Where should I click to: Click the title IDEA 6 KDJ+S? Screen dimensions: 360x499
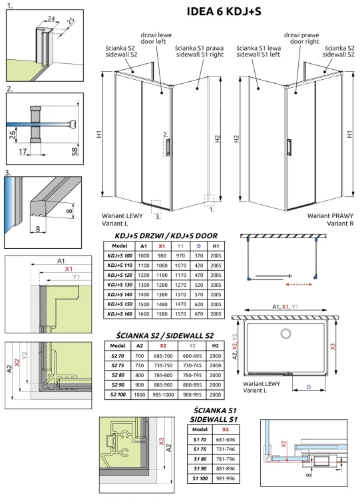coord(224,11)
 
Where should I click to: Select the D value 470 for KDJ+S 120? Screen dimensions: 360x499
coord(198,275)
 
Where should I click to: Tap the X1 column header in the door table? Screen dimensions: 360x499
coord(162,246)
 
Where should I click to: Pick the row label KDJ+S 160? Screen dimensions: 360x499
coord(120,314)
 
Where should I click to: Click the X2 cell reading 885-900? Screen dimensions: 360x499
coord(163,385)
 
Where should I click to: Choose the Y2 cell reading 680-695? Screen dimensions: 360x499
coord(192,356)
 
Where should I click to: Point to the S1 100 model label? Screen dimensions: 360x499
coord(200,478)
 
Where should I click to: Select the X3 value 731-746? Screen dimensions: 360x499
coord(226,449)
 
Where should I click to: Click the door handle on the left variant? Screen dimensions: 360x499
coord(168,147)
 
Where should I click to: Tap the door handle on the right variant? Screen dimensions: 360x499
coord(289,147)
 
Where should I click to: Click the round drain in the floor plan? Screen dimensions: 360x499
coord(285,333)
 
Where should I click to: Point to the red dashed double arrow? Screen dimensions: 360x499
coord(299,285)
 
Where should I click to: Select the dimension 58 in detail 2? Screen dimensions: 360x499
coord(75,151)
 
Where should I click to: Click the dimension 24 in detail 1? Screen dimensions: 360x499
coord(51,19)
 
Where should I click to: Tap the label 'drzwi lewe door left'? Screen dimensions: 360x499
coord(156,38)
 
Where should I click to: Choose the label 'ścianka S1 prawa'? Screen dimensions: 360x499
coord(199,48)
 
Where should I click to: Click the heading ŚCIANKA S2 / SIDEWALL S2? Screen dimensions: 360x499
coord(164,335)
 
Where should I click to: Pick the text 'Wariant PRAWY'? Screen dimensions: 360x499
coord(331,216)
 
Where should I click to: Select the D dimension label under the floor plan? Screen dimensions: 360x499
coord(309,387)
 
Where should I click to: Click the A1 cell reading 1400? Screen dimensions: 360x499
coord(144,294)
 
